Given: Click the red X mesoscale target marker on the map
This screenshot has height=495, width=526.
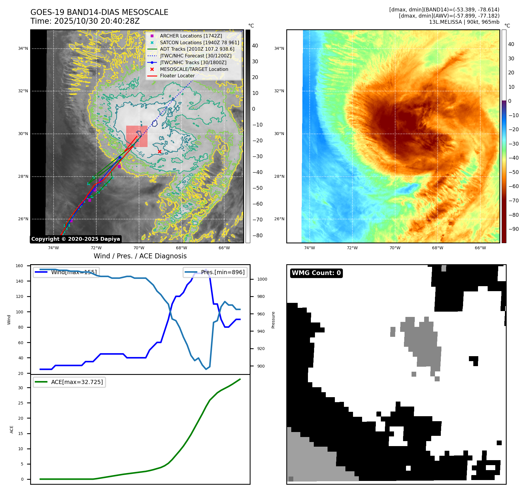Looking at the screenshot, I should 160,151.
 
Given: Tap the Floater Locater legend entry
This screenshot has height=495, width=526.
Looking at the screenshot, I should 177,76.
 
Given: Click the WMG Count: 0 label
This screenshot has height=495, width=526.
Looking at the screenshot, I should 316,273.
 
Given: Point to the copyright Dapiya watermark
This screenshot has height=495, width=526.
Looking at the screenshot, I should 76,239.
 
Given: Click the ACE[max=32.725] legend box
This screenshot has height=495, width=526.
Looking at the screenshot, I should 69,382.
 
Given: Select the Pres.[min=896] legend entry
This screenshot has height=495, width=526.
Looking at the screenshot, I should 215,272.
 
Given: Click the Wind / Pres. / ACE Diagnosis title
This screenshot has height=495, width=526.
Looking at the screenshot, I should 140,256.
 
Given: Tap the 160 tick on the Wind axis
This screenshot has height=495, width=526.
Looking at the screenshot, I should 19,266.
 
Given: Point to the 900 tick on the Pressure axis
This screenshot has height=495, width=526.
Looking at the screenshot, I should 261,366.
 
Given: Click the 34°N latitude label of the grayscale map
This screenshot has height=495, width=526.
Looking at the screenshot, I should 23,49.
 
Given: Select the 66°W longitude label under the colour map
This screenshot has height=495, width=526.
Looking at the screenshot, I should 480,248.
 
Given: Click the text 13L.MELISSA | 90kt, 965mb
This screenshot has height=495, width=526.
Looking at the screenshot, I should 464,22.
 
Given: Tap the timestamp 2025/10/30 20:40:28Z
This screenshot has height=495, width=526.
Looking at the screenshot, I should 97,21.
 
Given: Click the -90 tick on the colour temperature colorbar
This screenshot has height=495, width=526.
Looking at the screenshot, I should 513,229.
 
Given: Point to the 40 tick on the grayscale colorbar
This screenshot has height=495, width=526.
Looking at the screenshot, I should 255,46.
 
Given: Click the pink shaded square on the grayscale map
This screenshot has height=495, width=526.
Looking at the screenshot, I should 137,136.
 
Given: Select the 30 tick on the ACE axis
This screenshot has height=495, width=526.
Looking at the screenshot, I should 20,388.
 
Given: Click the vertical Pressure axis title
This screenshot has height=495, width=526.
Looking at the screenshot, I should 273,320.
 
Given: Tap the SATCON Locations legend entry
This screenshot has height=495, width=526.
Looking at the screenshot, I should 199,42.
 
